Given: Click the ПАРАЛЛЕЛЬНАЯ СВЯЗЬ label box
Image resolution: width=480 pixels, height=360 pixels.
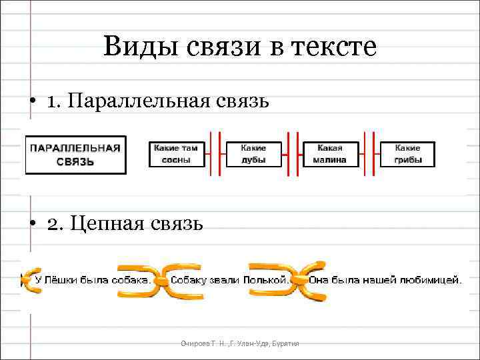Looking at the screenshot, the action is coord(75,154).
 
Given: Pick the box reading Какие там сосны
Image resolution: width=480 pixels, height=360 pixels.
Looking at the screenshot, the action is coord(176,154).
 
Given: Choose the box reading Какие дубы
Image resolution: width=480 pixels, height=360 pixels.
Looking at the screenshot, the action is coord(253,154).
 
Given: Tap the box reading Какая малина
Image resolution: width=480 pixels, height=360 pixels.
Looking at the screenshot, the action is coord(331,154).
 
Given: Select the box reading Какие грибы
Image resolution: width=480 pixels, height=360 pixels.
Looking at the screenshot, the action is coord(407,154).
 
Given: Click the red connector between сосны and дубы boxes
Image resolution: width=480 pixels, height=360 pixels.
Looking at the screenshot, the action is coord(215,154).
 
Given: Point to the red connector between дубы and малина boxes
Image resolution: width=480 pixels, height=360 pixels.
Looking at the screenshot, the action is coord(292,154).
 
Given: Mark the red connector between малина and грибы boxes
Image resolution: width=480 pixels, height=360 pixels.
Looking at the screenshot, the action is coord(369,154).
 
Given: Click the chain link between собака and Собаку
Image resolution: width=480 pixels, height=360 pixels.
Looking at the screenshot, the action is coord(161,281).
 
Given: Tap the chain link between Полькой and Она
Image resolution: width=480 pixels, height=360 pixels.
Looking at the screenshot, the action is coord(298,281).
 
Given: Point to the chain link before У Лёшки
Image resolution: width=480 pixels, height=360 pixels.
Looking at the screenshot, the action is coord(28,281).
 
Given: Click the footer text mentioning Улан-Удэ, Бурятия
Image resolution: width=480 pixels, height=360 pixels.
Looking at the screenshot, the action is coord(240,343).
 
